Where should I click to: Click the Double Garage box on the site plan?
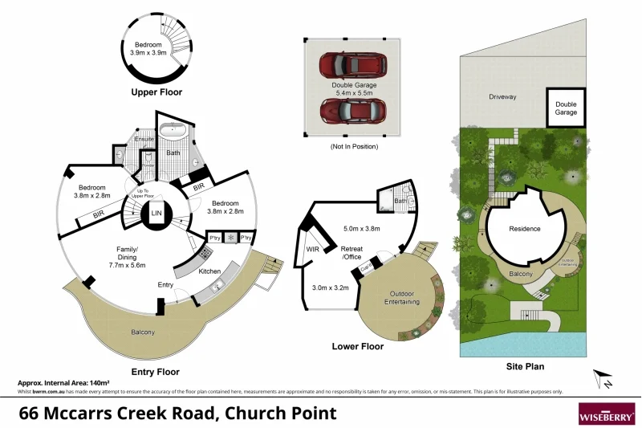click(x=566, y=108)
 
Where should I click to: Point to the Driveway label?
click(x=502, y=97)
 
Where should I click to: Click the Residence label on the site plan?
click(x=525, y=229)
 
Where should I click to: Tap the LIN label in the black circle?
click(x=156, y=214)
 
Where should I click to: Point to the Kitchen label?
click(x=209, y=271)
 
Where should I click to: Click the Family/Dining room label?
click(x=128, y=259)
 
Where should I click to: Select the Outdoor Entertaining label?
click(x=400, y=298)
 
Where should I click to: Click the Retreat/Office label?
click(x=352, y=253)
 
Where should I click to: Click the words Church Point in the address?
click(x=280, y=414)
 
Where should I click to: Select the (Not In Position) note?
click(x=354, y=147)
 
